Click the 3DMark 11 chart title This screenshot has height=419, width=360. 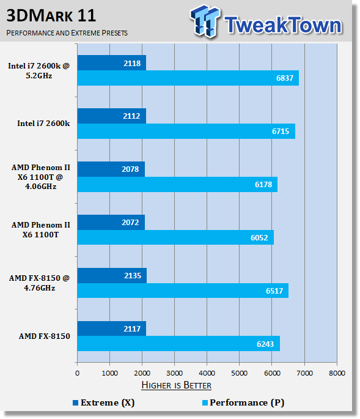coord(51,16)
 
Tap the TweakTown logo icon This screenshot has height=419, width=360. coord(205,21)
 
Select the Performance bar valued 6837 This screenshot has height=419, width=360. coord(188,78)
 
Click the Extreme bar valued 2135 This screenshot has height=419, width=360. coord(112,275)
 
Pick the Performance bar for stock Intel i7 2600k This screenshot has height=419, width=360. coord(186,131)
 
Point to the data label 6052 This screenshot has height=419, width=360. coord(259,237)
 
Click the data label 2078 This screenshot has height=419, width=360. coord(130,169)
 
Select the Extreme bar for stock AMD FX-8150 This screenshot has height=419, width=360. coord(112,328)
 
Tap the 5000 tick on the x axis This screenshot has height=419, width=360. coord(240,373)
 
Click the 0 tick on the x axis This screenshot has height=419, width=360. coord(77,373)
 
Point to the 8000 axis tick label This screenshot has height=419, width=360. coord(337,373)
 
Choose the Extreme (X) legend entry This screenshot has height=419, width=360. coord(104,402)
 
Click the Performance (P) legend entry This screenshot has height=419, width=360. coord(243,402)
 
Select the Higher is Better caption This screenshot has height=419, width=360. coord(176,385)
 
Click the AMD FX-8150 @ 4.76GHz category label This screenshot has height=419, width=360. coord(39,283)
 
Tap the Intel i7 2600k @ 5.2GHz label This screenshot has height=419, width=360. coord(39,70)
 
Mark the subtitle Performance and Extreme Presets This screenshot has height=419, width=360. coord(67,33)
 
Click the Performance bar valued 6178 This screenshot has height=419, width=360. coord(177,184)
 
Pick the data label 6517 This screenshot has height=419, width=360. coord(274,291)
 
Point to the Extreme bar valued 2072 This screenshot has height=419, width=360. coord(111,222)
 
